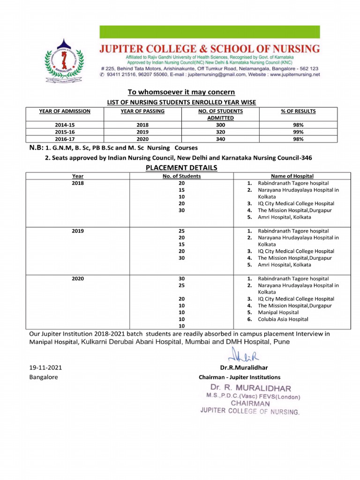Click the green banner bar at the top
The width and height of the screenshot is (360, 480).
click(x=209, y=32)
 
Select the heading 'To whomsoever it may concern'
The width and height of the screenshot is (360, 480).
click(x=181, y=92)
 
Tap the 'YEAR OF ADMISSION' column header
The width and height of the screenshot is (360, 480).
click(x=64, y=111)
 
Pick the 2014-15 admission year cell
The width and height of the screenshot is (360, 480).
click(x=64, y=125)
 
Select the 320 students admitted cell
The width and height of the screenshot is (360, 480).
click(x=220, y=132)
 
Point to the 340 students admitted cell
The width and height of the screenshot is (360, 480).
click(x=220, y=139)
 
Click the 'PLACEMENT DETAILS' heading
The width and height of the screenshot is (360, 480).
click(x=181, y=168)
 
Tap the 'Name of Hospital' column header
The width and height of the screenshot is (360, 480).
click(x=292, y=176)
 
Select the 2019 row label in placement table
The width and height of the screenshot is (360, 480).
click(x=78, y=231)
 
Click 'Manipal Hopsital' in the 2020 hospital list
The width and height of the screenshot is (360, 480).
click(x=278, y=312)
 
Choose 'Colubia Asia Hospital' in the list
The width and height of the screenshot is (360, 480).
click(x=283, y=319)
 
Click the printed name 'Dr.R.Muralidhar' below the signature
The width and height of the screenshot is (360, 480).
click(x=244, y=368)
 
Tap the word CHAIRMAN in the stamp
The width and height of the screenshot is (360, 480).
click(x=250, y=403)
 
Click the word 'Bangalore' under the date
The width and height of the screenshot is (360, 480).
click(x=44, y=377)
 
